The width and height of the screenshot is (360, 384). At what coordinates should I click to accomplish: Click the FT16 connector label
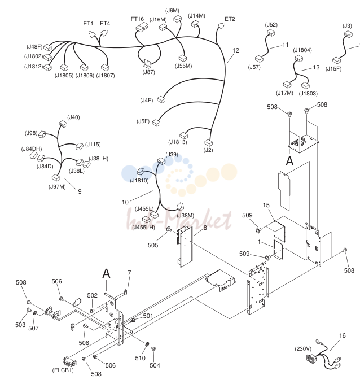[137, 19]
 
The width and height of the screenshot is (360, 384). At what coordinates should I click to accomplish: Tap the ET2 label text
[230, 19]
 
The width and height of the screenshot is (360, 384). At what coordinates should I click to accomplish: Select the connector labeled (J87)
[147, 63]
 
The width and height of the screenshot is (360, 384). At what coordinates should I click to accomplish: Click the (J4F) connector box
[161, 99]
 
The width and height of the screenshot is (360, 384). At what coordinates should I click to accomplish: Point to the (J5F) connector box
[156, 123]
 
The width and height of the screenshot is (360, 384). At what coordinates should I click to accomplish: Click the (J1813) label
[177, 142]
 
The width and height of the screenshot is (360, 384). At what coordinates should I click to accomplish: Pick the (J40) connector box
[63, 124]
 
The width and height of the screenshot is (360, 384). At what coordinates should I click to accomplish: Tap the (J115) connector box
[80, 146]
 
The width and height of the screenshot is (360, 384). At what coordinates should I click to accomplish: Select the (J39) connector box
[161, 161]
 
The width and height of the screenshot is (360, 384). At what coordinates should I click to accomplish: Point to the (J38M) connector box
[181, 207]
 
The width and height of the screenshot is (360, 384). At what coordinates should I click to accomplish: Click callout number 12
[235, 50]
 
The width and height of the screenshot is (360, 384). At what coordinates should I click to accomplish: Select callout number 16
[342, 335]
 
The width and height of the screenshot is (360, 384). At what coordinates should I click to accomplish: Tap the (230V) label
[303, 349]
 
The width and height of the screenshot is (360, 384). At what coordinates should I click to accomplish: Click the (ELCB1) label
[63, 370]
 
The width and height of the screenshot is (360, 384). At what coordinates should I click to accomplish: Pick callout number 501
[148, 316]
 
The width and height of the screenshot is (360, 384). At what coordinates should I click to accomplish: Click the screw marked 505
[169, 229]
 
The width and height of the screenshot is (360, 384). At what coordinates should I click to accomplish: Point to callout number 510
[140, 358]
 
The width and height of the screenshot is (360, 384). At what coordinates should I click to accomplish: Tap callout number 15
[266, 205]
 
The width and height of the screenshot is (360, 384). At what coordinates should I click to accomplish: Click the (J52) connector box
[270, 33]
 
